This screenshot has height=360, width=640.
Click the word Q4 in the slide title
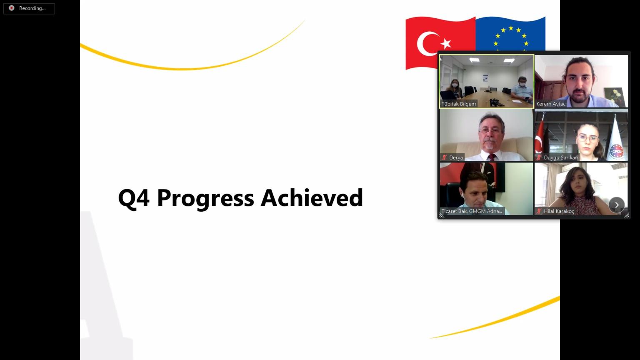coord(134,198)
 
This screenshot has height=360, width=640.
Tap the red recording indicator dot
coord(11,8)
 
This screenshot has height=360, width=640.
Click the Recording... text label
coord(32,8)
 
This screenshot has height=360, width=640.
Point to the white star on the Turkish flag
coord(446,44)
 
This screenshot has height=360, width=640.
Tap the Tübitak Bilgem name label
coord(459,104)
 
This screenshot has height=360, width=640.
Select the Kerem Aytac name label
coord(550,104)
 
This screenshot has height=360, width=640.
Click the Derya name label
coord(456,157)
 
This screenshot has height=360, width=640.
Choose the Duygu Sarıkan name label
coord(560,157)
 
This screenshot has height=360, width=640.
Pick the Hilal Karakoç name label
coord(559,211)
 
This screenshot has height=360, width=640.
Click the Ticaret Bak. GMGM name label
coord(472,211)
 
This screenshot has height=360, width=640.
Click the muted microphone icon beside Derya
coord(444,157)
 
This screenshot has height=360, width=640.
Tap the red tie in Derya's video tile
coord(492,157)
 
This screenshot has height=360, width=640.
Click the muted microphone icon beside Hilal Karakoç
coord(539,211)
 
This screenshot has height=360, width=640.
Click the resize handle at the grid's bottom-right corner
coord(627,215)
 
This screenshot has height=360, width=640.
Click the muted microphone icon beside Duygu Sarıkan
coord(539,157)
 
